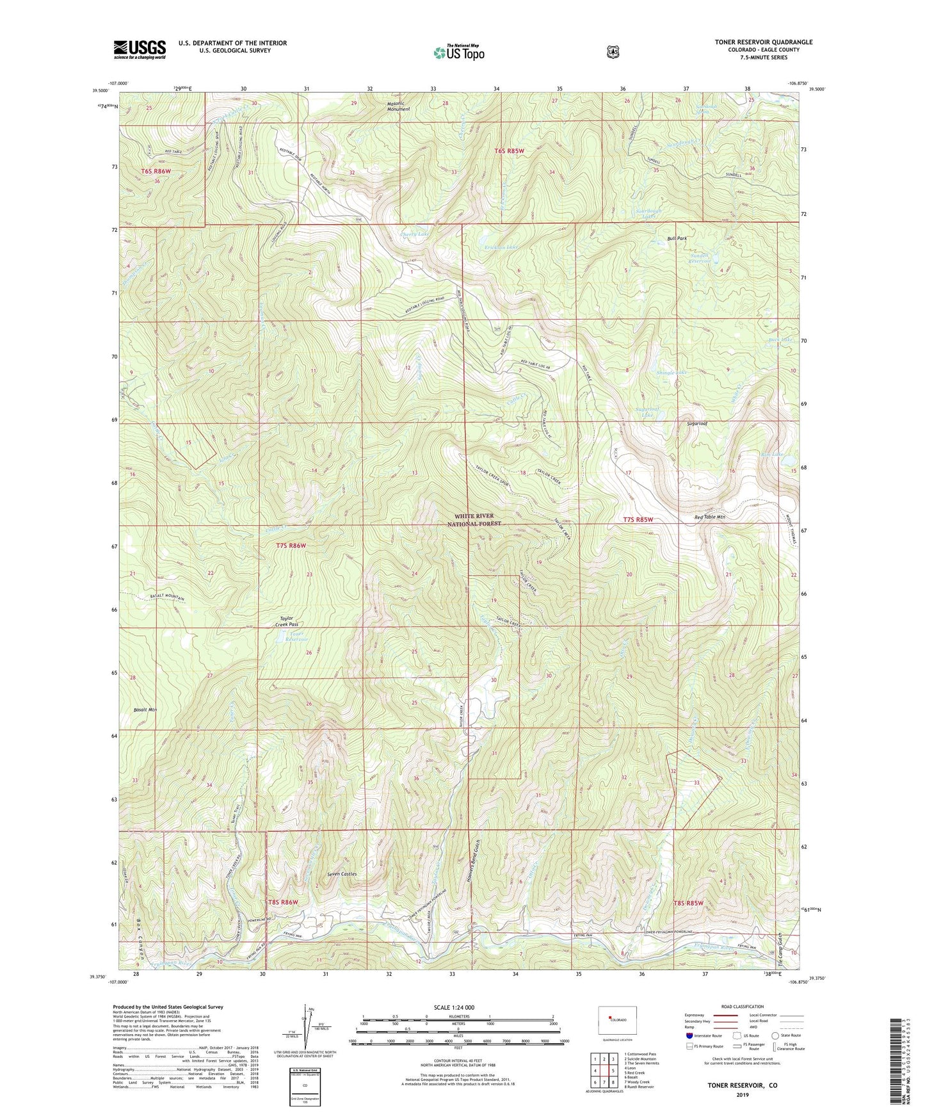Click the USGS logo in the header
click(x=140, y=49)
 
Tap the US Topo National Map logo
click(x=458, y=52)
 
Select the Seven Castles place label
click(x=342, y=874)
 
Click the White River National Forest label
click(x=474, y=519)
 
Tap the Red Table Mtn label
click(x=709, y=517)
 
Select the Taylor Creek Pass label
click(x=287, y=621)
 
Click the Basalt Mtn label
click(x=144, y=709)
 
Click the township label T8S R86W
click(x=283, y=902)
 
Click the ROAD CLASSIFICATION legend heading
click(x=742, y=1007)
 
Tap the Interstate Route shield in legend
click(x=689, y=1035)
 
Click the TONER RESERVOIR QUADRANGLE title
click(x=763, y=42)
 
